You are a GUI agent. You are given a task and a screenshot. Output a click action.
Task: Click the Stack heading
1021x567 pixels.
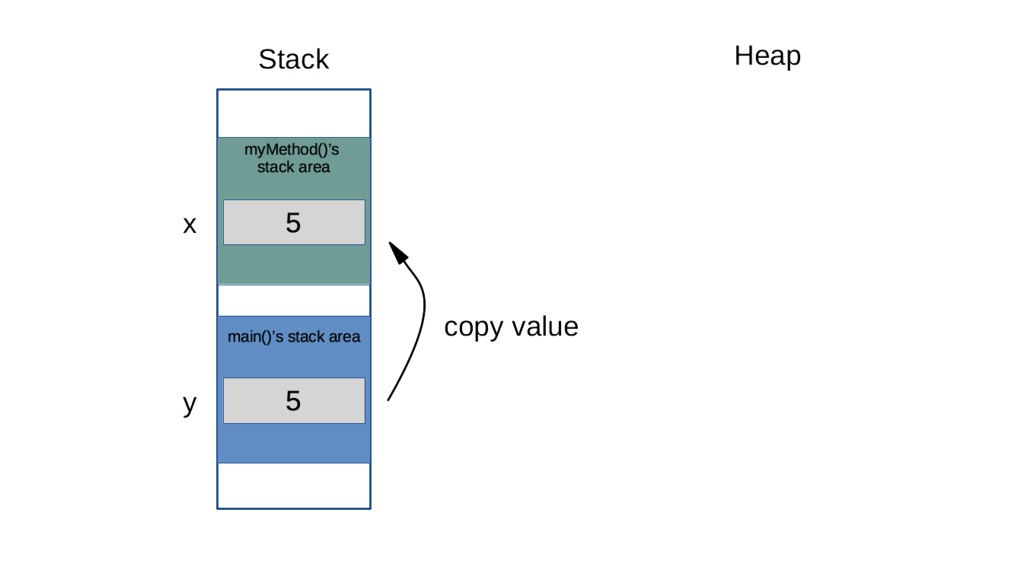click(293, 59)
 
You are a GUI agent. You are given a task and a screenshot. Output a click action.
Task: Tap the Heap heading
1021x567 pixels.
click(767, 56)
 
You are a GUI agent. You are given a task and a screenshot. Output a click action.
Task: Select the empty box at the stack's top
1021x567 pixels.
click(293, 113)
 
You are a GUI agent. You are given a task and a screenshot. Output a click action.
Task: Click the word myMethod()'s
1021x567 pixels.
click(292, 149)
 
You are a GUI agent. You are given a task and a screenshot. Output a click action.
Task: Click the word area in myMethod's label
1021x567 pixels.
click(313, 167)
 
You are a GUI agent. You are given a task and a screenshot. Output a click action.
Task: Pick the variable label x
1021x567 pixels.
click(190, 225)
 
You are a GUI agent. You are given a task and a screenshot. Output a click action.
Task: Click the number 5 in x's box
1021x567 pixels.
click(293, 223)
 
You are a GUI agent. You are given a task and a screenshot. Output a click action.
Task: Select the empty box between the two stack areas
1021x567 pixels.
click(293, 300)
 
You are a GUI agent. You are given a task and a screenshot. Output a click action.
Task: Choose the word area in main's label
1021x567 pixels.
click(344, 336)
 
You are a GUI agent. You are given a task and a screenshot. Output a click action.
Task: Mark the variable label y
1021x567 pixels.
click(190, 403)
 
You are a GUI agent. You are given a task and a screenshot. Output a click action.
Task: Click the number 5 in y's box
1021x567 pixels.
click(293, 401)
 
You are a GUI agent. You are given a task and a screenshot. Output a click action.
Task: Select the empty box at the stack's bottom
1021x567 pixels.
click(293, 486)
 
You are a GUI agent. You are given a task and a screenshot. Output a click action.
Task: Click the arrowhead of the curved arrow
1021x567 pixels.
click(394, 250)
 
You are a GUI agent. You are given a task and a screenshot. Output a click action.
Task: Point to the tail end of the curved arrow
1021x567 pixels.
click(388, 398)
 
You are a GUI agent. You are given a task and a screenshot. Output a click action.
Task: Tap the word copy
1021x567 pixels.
click(474, 327)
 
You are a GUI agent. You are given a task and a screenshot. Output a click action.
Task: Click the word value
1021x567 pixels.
click(544, 327)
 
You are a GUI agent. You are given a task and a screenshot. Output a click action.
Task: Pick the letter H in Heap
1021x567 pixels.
click(744, 56)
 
